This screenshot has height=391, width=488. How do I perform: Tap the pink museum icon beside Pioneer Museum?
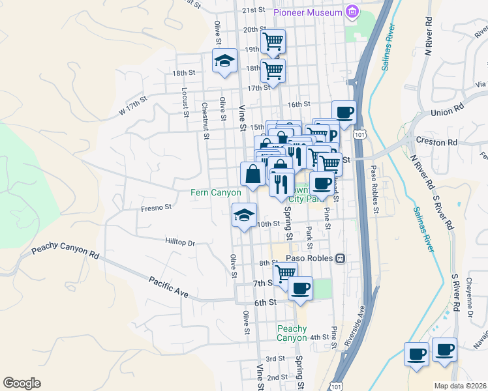[x=352, y=12]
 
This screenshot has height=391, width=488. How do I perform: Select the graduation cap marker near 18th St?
[x=224, y=61]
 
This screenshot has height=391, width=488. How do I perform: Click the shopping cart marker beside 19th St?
[x=273, y=43]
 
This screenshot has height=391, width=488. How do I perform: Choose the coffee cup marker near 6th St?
[x=300, y=288]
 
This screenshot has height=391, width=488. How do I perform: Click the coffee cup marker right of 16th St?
[x=344, y=112]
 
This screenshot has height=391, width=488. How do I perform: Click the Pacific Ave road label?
[x=168, y=287]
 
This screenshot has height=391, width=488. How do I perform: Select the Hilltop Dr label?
[x=182, y=242]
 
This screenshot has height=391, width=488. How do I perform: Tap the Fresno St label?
[x=156, y=208]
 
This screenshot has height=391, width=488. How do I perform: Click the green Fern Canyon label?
[x=215, y=192]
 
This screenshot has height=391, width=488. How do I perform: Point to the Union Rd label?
[x=447, y=112]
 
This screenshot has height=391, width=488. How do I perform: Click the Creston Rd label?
[x=434, y=142]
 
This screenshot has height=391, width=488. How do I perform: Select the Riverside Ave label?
[x=352, y=319]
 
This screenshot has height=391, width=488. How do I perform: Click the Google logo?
[x=22, y=383]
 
